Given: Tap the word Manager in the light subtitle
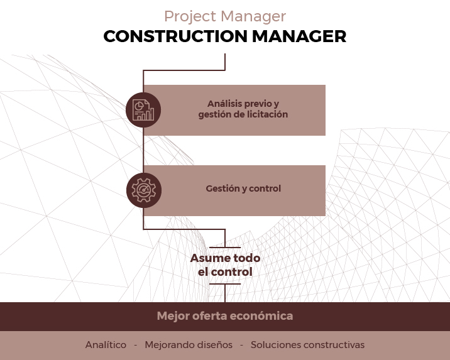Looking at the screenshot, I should pyautogui.click(x=254, y=16).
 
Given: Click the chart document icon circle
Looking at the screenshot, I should pyautogui.click(x=143, y=110).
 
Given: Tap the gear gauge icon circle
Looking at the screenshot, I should pyautogui.click(x=143, y=190).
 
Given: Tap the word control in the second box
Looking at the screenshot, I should pyautogui.click(x=265, y=188).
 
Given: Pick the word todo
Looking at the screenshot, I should pyautogui.click(x=246, y=258).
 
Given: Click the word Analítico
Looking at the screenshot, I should pyautogui.click(x=106, y=345).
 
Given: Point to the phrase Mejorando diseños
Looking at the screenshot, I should pyautogui.click(x=189, y=345).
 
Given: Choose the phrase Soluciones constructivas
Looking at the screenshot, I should pyautogui.click(x=307, y=345).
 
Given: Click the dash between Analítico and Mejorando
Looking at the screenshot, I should pyautogui.click(x=135, y=345).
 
